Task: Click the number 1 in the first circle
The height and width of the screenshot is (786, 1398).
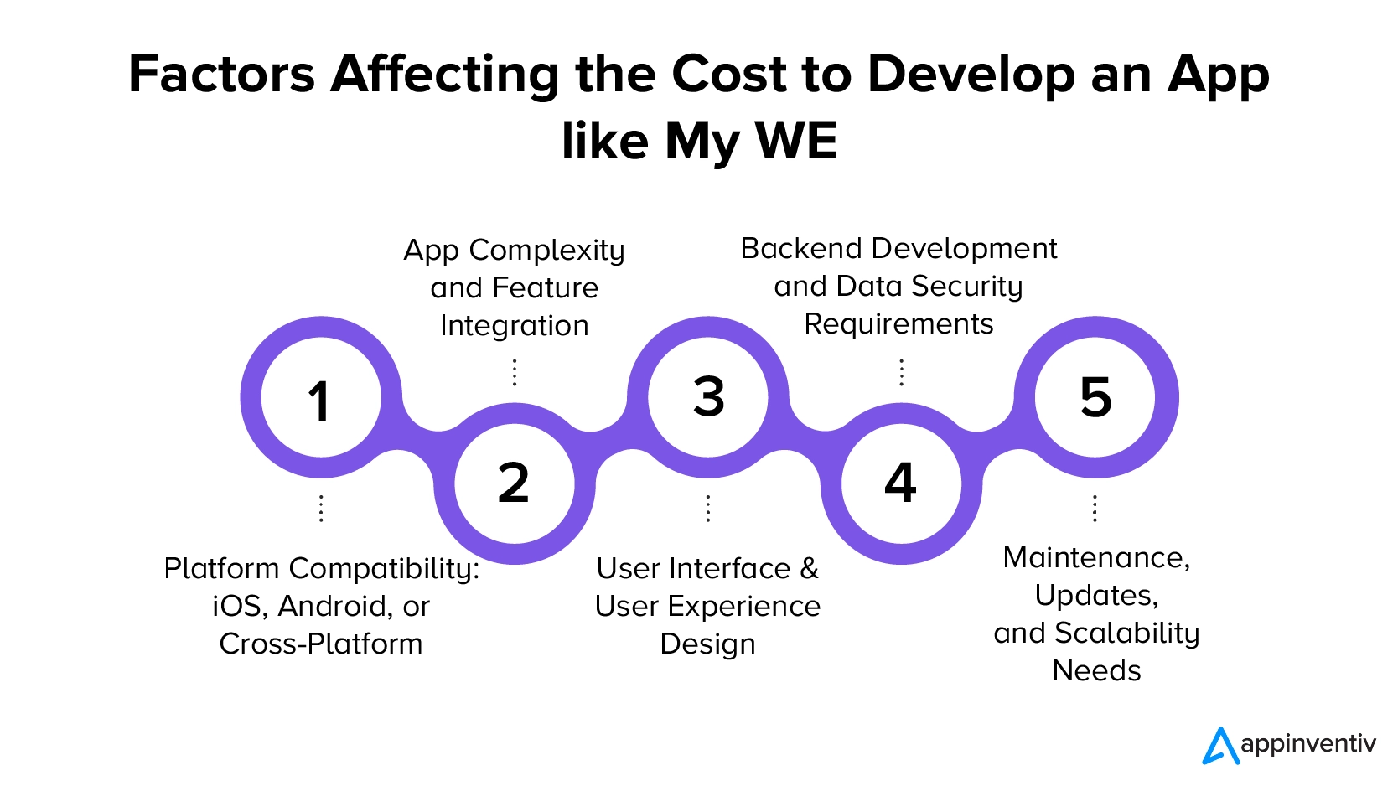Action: (319, 401)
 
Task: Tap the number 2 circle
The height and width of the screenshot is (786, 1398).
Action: (515, 484)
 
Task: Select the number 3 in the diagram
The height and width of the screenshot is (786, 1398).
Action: (709, 396)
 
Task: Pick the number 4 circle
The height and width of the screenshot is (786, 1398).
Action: (901, 484)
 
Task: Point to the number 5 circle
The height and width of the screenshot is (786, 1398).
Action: (1096, 396)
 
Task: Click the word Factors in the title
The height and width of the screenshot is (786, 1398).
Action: (221, 75)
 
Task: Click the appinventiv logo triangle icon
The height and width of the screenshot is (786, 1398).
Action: (1220, 746)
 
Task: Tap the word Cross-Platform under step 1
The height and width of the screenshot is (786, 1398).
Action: (321, 644)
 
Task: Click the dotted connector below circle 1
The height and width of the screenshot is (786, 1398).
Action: (321, 509)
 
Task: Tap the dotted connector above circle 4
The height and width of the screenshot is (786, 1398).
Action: (901, 372)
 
